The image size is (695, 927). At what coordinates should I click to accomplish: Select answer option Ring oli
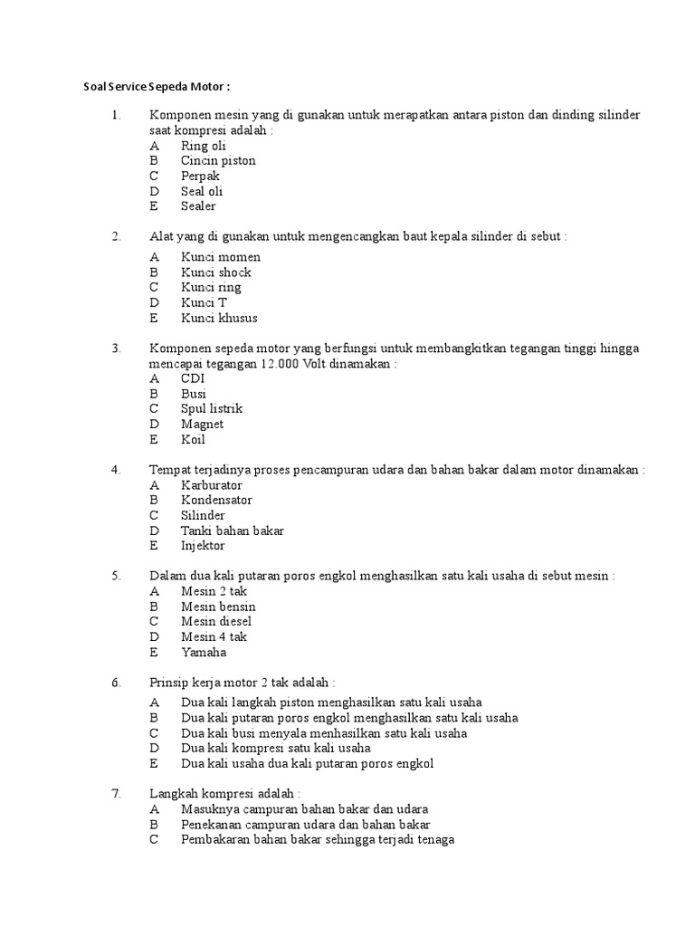(x=203, y=146)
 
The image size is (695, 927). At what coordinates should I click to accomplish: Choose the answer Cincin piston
(x=218, y=161)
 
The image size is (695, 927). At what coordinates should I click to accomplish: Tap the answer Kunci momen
(x=220, y=257)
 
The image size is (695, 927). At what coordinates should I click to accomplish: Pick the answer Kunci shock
(x=215, y=272)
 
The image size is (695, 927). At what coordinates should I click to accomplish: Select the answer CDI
(x=193, y=378)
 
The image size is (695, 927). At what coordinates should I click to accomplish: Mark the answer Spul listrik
(x=212, y=409)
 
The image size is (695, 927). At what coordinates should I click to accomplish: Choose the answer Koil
(x=193, y=440)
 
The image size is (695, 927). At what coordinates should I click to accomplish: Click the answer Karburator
(x=212, y=485)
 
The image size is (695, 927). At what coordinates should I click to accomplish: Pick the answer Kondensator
(x=216, y=501)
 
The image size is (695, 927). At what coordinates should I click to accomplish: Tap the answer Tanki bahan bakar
(x=232, y=530)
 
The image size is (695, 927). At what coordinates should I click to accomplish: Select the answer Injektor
(x=203, y=546)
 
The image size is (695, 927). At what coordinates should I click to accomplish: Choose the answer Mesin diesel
(x=216, y=622)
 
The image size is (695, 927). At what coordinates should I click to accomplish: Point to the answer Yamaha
(x=204, y=653)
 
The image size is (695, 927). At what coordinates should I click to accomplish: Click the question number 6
(x=116, y=683)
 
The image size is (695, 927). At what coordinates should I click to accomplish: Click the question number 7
(x=116, y=794)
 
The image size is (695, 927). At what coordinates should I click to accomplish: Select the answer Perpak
(x=200, y=176)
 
